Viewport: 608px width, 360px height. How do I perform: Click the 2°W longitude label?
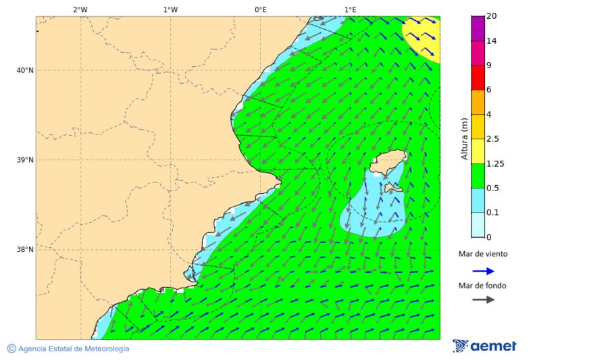(x=80, y=9)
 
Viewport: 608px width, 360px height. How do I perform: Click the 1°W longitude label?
(x=170, y=9)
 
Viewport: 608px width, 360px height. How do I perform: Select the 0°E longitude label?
(x=260, y=9)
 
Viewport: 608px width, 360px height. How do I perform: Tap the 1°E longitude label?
(x=350, y=9)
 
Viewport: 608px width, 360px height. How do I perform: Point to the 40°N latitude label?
(x=25, y=70)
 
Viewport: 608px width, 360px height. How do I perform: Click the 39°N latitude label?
(x=25, y=160)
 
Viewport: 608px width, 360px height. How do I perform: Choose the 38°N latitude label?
(x=25, y=250)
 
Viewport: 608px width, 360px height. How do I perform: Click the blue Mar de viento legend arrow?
(x=483, y=270)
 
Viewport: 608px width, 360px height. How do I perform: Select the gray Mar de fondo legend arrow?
(x=483, y=300)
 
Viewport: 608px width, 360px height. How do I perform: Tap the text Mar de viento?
(x=482, y=255)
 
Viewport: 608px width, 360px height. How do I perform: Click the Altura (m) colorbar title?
(x=464, y=138)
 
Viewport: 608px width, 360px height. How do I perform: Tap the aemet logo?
(x=484, y=346)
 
